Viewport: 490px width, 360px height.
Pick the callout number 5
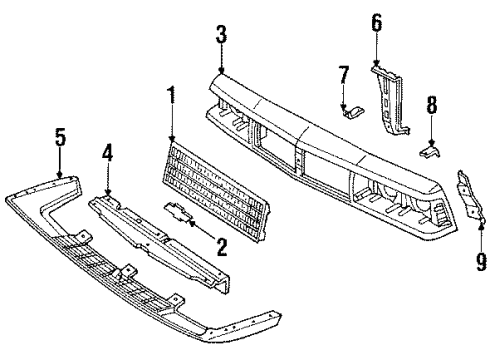[x=61, y=137]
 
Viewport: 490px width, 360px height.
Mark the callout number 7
[x=343, y=74]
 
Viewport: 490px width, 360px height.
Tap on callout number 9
[x=481, y=262]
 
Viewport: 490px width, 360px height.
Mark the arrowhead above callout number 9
[x=480, y=228]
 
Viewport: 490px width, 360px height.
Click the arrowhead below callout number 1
[x=171, y=141]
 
